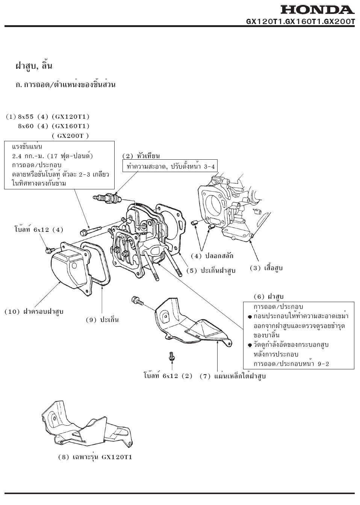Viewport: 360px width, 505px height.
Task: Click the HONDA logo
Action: click(x=317, y=10)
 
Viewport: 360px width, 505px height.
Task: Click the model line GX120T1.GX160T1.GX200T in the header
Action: click(x=300, y=21)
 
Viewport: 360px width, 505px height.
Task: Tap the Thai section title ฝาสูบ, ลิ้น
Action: click(x=33, y=66)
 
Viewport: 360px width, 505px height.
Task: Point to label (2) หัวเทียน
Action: click(x=141, y=156)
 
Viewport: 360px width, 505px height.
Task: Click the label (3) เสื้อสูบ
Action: click(x=266, y=268)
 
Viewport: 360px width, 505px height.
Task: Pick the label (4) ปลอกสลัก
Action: click(x=212, y=256)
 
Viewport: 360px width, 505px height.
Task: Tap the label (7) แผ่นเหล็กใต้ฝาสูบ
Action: click(x=233, y=376)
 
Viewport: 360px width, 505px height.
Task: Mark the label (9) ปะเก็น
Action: click(x=102, y=320)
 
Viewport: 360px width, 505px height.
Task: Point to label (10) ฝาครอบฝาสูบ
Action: click(x=34, y=311)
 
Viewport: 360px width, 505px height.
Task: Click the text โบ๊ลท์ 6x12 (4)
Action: click(x=39, y=229)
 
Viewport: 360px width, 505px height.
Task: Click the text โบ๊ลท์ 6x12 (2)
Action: click(x=168, y=376)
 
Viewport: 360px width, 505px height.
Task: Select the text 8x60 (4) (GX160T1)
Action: click(x=53, y=126)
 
